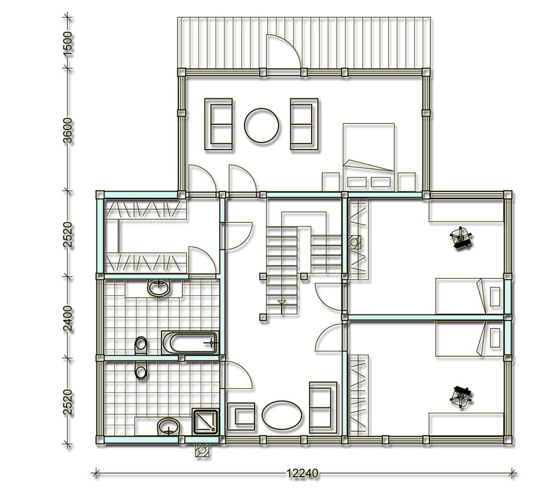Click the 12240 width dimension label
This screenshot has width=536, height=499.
302,473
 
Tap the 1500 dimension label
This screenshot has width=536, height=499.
68,44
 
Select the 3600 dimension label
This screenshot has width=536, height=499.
68,131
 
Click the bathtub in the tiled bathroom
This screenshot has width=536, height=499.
190,343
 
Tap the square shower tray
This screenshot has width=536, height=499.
205,421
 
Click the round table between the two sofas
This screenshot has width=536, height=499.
262,125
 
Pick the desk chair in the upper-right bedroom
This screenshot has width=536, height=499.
461,237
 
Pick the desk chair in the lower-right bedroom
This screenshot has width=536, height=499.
461,397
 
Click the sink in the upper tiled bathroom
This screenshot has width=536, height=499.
159,287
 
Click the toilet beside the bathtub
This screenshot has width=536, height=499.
141,345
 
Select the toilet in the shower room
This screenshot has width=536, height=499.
141,370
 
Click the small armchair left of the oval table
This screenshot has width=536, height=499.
241,417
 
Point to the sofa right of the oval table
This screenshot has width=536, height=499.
323,407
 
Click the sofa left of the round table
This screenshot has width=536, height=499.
219,124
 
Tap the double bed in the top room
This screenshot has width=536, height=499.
369,157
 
